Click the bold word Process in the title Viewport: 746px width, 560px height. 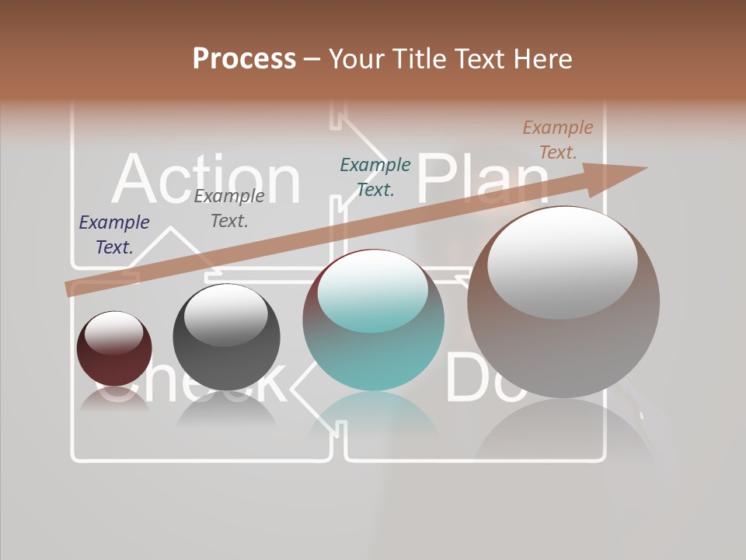pos(244,59)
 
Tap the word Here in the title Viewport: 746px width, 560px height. pos(544,59)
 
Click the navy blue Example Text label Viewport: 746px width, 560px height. pos(114,235)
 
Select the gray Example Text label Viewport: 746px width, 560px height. pos(229,208)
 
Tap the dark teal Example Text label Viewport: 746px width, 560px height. pos(375,177)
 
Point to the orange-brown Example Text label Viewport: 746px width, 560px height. pos(557,140)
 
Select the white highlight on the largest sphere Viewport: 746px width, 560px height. pos(563,261)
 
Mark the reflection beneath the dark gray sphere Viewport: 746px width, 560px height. pos(226,412)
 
